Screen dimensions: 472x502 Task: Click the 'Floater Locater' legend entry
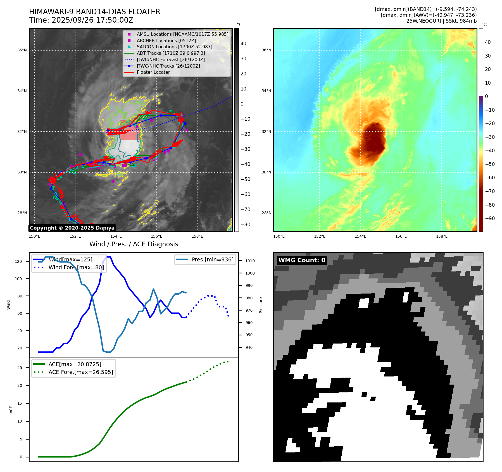(x=153, y=72)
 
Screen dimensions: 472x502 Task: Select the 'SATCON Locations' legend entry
(x=174, y=47)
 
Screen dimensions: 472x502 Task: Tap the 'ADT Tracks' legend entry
(x=171, y=53)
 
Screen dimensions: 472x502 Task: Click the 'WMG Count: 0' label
(x=302, y=260)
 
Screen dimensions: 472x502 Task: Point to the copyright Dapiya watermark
(x=72, y=228)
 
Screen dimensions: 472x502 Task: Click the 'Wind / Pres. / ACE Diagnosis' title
(x=134, y=244)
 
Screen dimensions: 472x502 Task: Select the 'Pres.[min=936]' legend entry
(x=212, y=260)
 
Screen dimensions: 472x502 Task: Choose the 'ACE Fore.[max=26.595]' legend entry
(x=81, y=372)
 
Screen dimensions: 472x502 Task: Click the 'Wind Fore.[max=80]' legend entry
(x=76, y=268)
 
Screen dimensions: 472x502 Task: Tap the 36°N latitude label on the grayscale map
(x=22, y=50)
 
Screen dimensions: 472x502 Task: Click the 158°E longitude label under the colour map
(x=442, y=237)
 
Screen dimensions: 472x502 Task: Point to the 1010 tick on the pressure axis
(x=250, y=261)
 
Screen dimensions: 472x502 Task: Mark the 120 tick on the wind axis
(x=18, y=262)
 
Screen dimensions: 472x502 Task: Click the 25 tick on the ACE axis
(x=20, y=368)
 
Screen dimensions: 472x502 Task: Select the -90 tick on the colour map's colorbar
(x=490, y=218)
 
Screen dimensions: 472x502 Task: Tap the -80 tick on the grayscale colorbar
(x=245, y=225)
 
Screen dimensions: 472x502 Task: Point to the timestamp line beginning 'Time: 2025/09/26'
(x=81, y=20)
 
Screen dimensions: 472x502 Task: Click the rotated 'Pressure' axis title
(x=261, y=305)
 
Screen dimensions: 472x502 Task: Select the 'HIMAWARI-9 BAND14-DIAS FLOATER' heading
(x=94, y=12)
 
